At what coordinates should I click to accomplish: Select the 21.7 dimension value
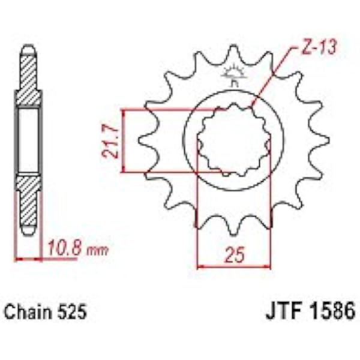click(x=110, y=141)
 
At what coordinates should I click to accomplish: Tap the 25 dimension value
click(x=234, y=255)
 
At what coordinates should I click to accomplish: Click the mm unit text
click(x=97, y=251)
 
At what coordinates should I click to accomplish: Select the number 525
click(x=73, y=312)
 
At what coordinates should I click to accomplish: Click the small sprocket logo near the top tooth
click(x=233, y=74)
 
